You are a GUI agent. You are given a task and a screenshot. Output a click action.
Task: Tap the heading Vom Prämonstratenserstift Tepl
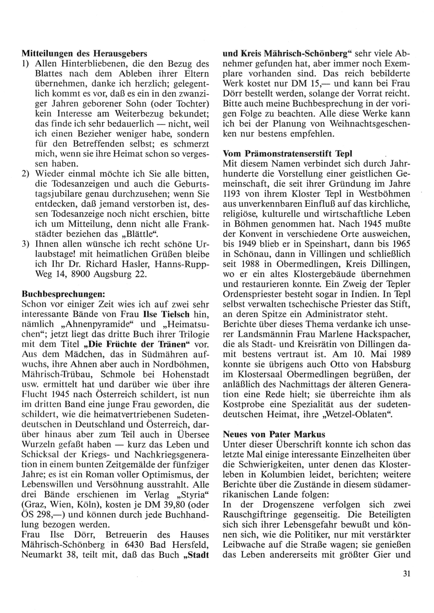287,154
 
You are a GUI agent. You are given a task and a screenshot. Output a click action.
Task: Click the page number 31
406,574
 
